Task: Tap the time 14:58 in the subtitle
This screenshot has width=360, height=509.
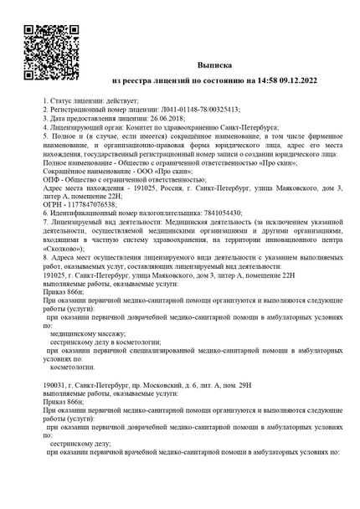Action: pos(260,81)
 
